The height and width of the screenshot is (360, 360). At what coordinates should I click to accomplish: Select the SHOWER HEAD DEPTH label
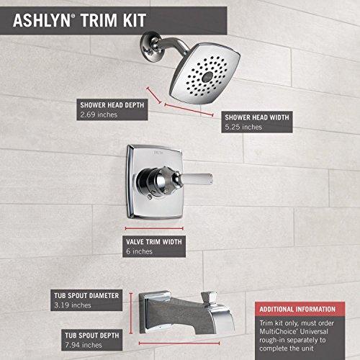click(112, 103)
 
